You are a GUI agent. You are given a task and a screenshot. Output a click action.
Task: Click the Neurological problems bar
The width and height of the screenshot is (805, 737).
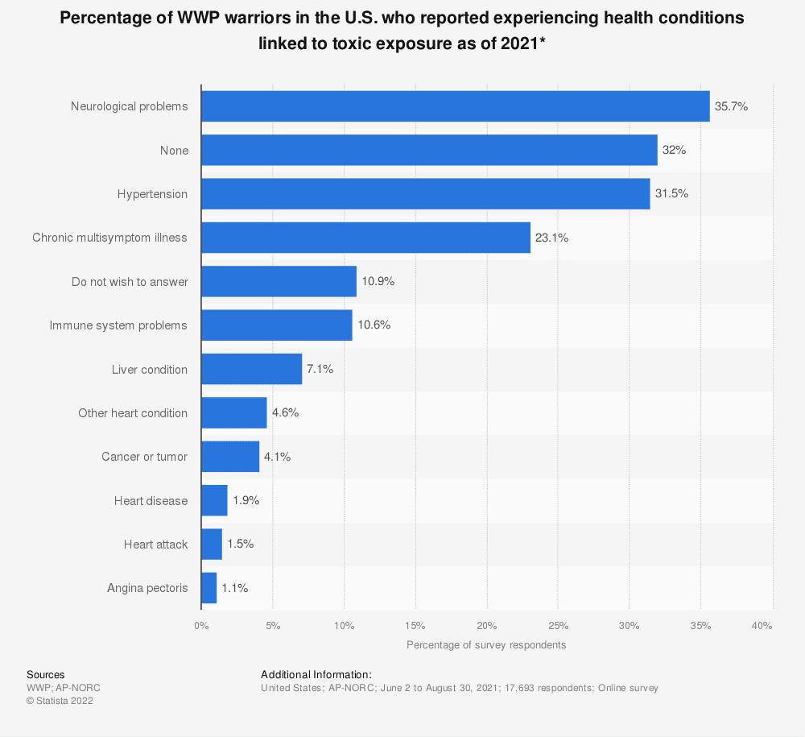tap(455, 106)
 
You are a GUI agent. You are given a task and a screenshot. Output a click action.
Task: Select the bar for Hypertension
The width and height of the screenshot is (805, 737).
tap(425, 194)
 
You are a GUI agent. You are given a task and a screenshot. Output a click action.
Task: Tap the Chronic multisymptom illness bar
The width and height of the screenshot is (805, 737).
tap(365, 238)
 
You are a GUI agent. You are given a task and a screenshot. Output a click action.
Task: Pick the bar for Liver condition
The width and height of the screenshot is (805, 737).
tap(251, 369)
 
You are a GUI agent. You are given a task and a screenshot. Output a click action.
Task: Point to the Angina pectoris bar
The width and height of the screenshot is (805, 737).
tap(208, 588)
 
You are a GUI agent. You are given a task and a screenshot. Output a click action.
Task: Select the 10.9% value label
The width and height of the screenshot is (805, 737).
tap(378, 282)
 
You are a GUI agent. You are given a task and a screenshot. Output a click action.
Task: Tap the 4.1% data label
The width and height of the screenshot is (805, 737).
tap(278, 457)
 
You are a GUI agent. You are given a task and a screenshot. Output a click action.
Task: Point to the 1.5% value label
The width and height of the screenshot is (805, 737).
tap(240, 544)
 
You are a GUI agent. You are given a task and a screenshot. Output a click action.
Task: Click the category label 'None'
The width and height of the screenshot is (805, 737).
tap(174, 151)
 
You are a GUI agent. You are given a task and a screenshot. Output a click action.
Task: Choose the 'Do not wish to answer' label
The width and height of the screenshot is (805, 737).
tap(130, 282)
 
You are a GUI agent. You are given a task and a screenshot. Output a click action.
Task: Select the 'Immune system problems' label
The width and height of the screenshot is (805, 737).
tap(118, 325)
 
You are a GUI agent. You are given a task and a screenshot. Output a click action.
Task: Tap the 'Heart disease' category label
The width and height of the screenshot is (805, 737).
tap(151, 501)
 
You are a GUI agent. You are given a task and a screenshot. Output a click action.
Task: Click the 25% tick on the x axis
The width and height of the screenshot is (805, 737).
tap(558, 626)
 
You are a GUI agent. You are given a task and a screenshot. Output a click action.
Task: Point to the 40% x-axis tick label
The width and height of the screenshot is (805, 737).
tap(762, 626)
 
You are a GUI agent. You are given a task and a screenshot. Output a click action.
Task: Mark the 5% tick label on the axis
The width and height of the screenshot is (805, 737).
tap(272, 626)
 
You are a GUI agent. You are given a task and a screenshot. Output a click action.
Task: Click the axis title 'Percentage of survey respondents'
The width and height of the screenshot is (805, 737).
tap(486, 645)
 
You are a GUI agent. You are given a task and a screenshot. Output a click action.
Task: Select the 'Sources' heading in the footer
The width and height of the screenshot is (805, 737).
tap(45, 675)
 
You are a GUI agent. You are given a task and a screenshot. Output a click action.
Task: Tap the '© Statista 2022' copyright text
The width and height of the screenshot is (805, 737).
tap(60, 701)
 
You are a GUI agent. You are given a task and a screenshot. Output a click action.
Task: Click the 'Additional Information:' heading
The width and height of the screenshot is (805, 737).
tap(316, 675)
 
